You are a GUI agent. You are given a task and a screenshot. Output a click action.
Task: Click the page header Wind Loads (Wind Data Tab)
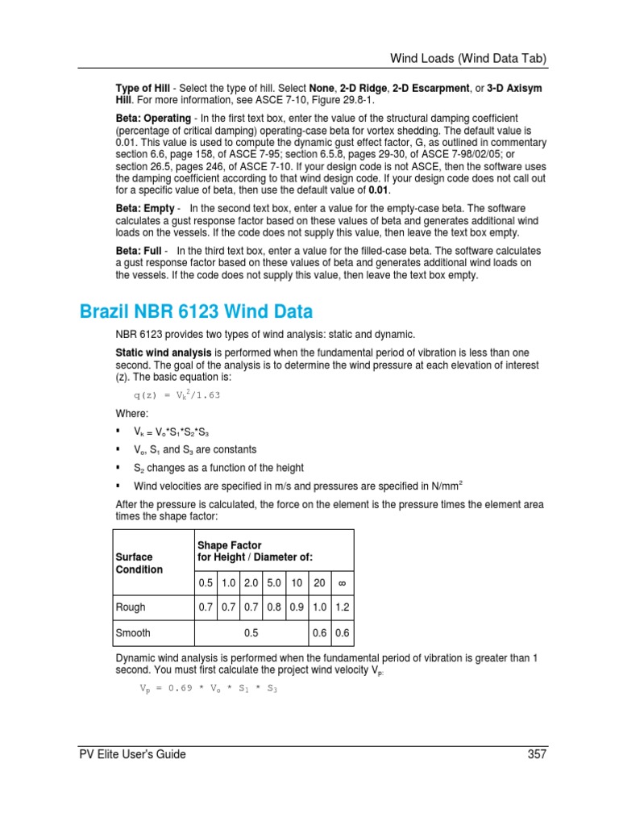[469, 58]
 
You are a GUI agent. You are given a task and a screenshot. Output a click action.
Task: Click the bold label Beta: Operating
[153, 117]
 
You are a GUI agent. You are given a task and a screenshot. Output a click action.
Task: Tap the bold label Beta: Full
[140, 251]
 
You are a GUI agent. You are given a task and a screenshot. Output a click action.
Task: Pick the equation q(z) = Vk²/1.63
[177, 395]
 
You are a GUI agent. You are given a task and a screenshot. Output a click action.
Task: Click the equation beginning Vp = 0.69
[208, 690]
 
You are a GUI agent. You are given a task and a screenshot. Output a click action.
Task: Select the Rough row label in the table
[131, 607]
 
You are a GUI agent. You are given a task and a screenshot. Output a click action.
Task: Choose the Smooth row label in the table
[134, 633]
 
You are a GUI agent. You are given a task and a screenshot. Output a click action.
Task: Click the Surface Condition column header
[139, 563]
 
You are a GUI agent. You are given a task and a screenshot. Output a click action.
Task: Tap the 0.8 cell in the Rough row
[274, 607]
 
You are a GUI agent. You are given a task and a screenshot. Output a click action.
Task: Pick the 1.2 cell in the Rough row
[342, 607]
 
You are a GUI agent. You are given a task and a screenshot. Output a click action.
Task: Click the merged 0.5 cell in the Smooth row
[251, 633]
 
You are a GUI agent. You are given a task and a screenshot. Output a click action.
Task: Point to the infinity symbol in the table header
[342, 582]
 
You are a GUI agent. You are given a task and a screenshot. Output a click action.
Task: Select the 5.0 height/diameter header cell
[274, 582]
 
